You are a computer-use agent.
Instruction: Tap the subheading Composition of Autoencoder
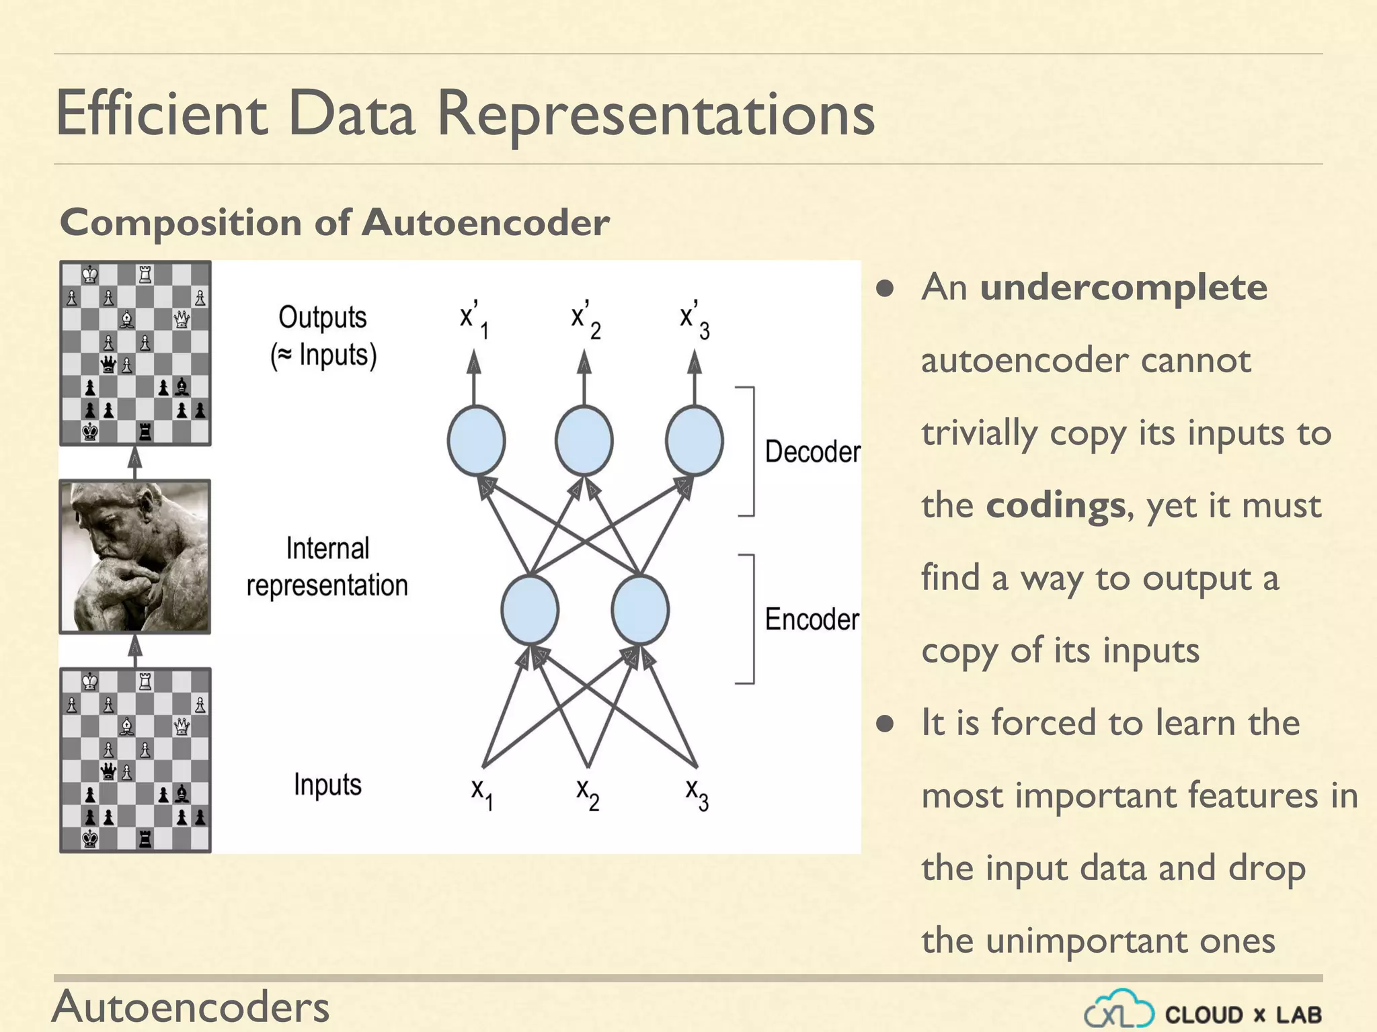pos(334,222)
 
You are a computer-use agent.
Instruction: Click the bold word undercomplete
pos(1124,288)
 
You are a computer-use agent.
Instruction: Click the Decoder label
pos(812,451)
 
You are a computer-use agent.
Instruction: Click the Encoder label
pos(812,619)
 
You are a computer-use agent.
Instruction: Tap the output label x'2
pos(585,319)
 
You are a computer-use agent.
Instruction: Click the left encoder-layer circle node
pos(530,609)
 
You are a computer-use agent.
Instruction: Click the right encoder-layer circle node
pos(640,609)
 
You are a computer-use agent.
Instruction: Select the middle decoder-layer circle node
pos(584,441)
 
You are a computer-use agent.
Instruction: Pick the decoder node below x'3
pos(695,441)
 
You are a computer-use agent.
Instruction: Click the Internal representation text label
pos(327,566)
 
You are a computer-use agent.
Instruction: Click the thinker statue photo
pos(135,557)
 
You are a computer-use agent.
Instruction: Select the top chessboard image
pos(135,353)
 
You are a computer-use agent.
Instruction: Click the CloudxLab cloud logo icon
pos(1119,1010)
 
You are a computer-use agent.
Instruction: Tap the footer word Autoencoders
pos(191,1006)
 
